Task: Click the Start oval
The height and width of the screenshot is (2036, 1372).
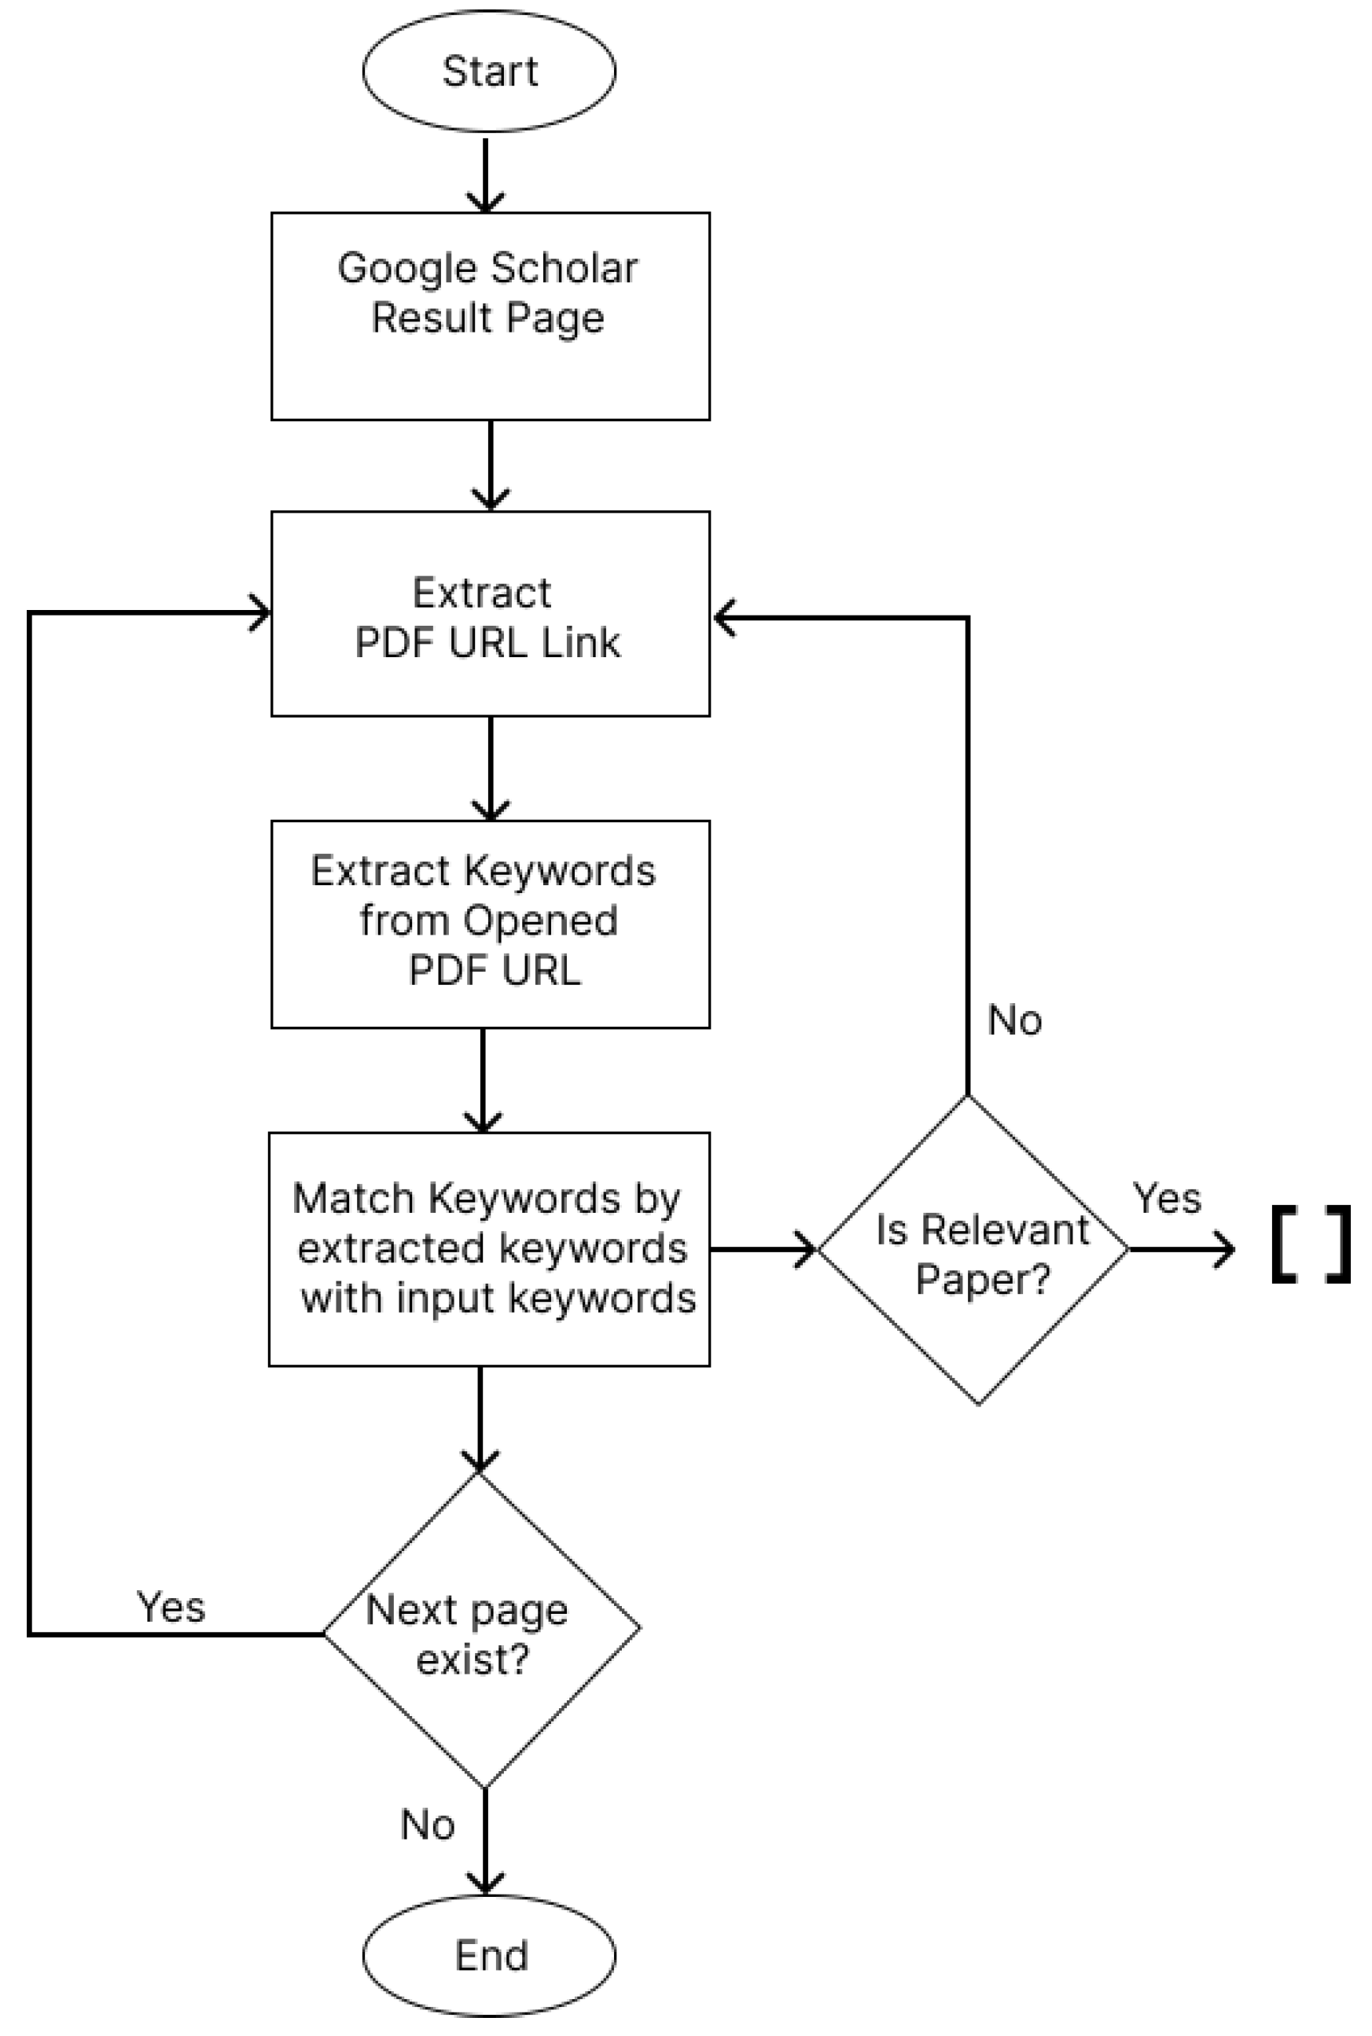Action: (488, 71)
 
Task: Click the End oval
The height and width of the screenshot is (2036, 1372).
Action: (488, 1956)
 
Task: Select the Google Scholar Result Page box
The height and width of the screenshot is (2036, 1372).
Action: (490, 316)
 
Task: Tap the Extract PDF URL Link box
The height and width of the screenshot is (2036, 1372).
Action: (490, 614)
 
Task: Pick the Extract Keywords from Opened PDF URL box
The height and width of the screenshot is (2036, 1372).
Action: (490, 924)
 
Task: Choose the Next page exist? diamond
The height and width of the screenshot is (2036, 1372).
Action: (481, 1630)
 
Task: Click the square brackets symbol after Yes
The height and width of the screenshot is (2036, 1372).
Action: (1311, 1244)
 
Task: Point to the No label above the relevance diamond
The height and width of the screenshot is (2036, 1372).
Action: (1014, 1020)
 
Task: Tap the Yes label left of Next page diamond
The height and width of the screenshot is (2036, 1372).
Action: (171, 1608)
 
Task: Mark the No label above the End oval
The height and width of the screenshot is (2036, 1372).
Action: (428, 1825)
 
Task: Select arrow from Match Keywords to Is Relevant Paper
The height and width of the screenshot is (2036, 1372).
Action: (763, 1250)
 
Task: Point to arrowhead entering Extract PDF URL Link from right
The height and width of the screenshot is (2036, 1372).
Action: (724, 619)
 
